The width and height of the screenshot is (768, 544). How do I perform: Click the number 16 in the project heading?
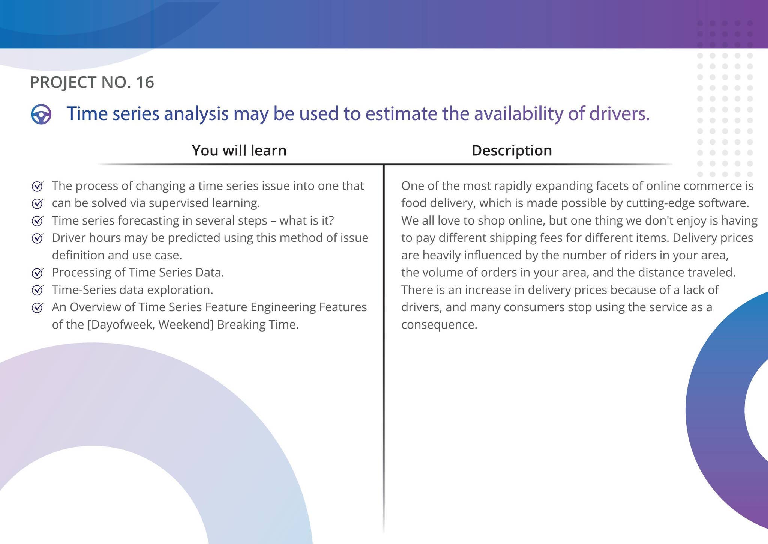point(145,83)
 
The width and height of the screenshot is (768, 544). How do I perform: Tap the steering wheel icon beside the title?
point(41,114)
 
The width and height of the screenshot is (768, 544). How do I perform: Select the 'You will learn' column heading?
point(239,151)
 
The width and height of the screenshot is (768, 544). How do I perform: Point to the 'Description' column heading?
point(511,151)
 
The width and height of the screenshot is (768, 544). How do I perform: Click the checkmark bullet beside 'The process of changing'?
point(37,186)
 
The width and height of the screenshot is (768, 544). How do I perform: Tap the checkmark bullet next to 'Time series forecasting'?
point(37,221)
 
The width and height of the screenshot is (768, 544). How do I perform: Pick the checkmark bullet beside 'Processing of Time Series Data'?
point(37,273)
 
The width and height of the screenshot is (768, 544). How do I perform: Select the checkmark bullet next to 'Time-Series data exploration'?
point(37,290)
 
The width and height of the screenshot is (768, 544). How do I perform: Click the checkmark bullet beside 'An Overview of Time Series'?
point(37,307)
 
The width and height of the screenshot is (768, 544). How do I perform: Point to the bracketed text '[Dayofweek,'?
point(121,325)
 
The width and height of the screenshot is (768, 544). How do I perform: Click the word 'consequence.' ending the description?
point(439,325)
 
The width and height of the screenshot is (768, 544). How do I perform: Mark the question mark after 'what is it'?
point(330,220)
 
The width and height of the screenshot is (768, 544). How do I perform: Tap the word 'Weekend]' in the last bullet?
point(186,325)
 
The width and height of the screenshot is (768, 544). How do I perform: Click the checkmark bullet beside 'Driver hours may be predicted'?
point(37,238)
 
